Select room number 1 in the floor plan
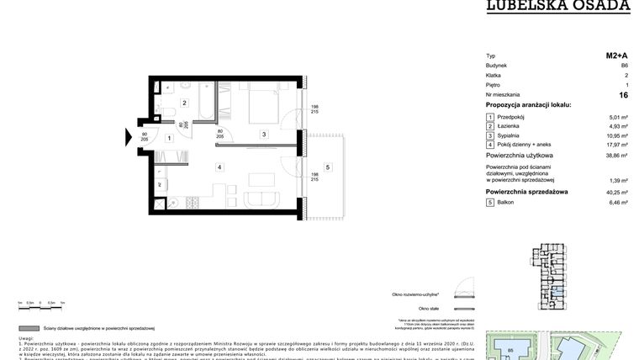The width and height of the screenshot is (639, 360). (x=169, y=138)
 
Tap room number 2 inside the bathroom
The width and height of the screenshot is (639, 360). (x=183, y=103)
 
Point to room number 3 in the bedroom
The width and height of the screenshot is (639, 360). (x=263, y=134)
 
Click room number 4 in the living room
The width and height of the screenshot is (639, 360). (x=219, y=167)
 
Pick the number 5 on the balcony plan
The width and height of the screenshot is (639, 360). (x=328, y=167)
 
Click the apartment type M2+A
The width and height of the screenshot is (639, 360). (x=617, y=55)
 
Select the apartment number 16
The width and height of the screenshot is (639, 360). (x=624, y=96)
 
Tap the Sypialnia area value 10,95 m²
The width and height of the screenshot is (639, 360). (x=616, y=135)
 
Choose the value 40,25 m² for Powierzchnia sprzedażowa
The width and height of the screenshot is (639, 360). (x=616, y=192)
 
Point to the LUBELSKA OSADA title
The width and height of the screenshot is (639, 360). (x=558, y=7)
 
